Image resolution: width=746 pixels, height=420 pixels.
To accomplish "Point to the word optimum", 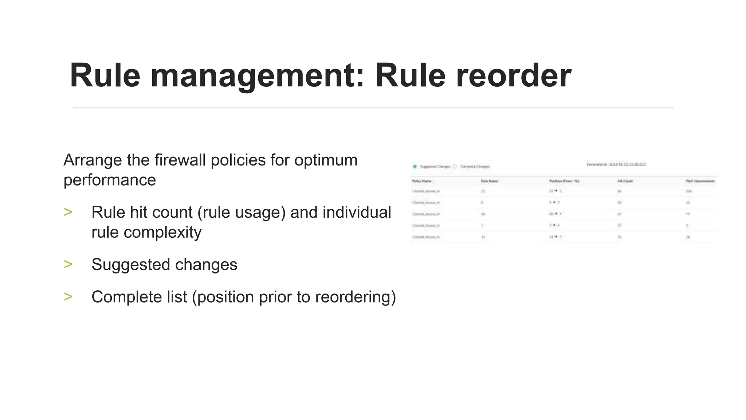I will pyautogui.click(x=326, y=160).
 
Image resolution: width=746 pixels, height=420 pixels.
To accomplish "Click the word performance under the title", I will pyautogui.click(x=110, y=180).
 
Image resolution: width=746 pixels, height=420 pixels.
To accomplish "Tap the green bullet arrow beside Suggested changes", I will pyautogui.click(x=68, y=264).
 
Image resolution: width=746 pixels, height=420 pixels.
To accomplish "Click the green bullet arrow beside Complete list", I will pyautogui.click(x=68, y=297).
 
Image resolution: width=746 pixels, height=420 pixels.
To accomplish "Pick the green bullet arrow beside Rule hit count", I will pyautogui.click(x=68, y=212).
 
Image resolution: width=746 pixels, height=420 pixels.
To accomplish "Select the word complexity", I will pyautogui.click(x=162, y=232).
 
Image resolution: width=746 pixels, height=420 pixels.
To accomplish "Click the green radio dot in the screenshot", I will pyautogui.click(x=415, y=167).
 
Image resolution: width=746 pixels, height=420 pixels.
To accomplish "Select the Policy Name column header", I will pyautogui.click(x=422, y=181).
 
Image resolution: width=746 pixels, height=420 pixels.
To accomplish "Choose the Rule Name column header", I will pyautogui.click(x=490, y=181).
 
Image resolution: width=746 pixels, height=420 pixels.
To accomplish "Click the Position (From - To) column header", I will pyautogui.click(x=564, y=181).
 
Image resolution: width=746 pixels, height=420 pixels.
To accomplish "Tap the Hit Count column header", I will pyautogui.click(x=625, y=181).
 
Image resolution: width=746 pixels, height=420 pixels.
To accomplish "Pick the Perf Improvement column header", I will pyautogui.click(x=700, y=181).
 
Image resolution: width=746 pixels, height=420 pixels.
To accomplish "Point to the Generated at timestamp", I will pyautogui.click(x=616, y=165).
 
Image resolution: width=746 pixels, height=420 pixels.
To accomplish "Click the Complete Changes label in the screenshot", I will pyautogui.click(x=475, y=167).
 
